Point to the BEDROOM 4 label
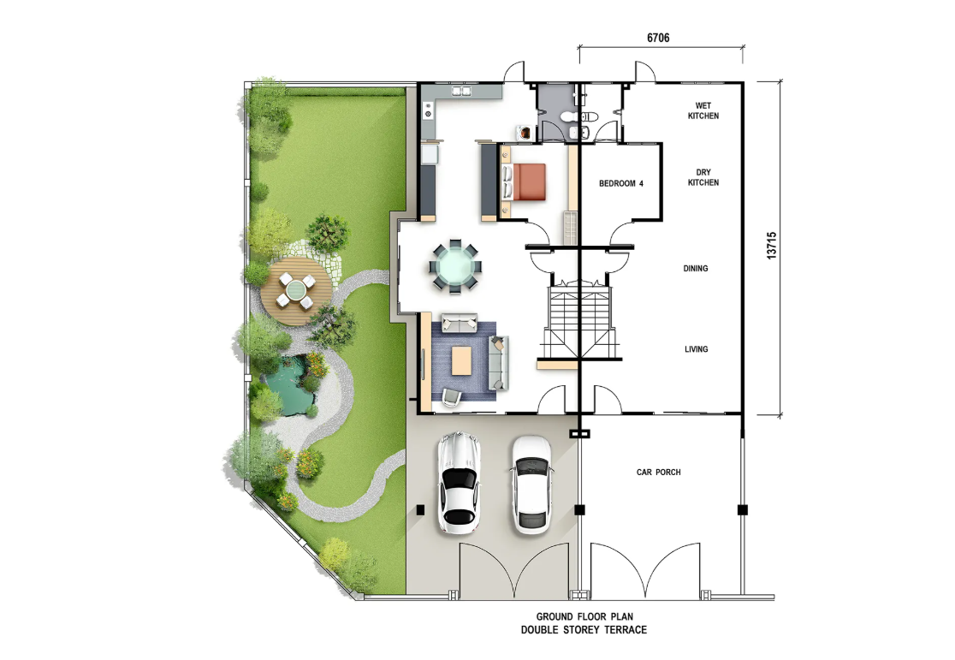620,183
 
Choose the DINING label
696,269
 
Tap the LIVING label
696,349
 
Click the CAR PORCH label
658,473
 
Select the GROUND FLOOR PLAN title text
584,616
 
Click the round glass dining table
454,267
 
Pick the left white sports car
459,482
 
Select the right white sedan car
531,485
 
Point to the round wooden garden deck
294,288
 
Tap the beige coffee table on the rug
461,360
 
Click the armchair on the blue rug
451,395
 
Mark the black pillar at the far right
742,511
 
